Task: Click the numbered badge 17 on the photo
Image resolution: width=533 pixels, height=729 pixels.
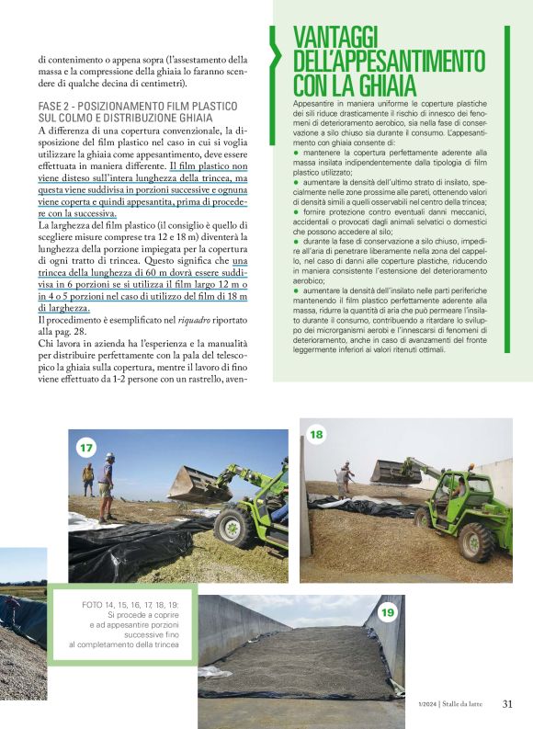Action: [x=86, y=448]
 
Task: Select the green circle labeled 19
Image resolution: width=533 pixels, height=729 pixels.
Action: [x=387, y=612]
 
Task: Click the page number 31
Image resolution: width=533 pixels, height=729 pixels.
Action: [x=508, y=705]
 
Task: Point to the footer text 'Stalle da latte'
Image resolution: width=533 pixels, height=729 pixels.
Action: [x=464, y=705]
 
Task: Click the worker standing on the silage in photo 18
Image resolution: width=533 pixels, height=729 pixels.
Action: [x=345, y=479]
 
